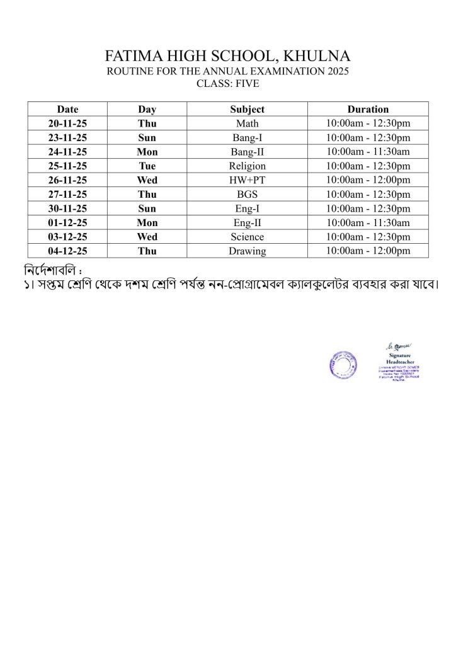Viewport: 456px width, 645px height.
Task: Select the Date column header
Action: pos(67,109)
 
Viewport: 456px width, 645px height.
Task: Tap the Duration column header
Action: pos(368,109)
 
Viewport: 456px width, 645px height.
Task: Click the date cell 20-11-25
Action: pos(67,123)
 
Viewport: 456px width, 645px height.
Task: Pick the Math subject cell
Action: pos(247,123)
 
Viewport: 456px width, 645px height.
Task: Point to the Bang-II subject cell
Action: pos(247,152)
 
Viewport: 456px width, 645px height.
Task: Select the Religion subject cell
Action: pos(247,166)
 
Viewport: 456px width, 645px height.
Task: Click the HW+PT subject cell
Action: pos(247,180)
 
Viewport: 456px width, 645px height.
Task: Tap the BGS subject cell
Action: pos(247,195)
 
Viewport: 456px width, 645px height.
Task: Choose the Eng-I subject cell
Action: pos(247,208)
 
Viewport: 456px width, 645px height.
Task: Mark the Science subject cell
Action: pos(247,237)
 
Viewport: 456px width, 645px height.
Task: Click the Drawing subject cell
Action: pos(247,251)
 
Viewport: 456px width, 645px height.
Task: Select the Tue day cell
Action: pos(147,166)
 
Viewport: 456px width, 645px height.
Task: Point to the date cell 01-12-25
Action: pos(67,223)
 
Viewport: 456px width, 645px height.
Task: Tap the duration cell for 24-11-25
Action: pos(368,152)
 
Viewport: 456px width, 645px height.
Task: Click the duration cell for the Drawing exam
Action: pos(368,251)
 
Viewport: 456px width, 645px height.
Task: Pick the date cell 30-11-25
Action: pos(67,208)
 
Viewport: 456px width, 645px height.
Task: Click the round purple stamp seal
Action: pos(343,365)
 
